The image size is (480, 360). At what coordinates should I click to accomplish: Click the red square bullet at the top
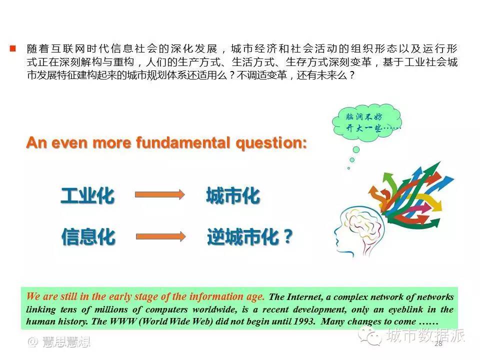13,48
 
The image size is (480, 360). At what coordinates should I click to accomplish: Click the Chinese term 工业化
88,195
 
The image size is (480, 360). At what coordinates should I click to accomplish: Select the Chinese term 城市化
233,195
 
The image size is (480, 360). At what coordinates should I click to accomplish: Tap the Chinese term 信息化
88,236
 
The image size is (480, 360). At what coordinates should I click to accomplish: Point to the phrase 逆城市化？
250,236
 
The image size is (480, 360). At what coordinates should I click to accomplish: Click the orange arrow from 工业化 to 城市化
160,194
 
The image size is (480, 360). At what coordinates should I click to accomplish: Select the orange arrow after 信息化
160,236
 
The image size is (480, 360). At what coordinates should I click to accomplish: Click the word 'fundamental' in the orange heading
183,143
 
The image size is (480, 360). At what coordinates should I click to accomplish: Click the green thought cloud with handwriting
366,123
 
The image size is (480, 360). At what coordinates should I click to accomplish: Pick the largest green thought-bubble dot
356,149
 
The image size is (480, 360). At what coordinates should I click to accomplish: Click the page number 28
438,343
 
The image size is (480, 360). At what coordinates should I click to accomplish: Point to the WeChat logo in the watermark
370,335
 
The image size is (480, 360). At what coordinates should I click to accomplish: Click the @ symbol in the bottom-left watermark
33,342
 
